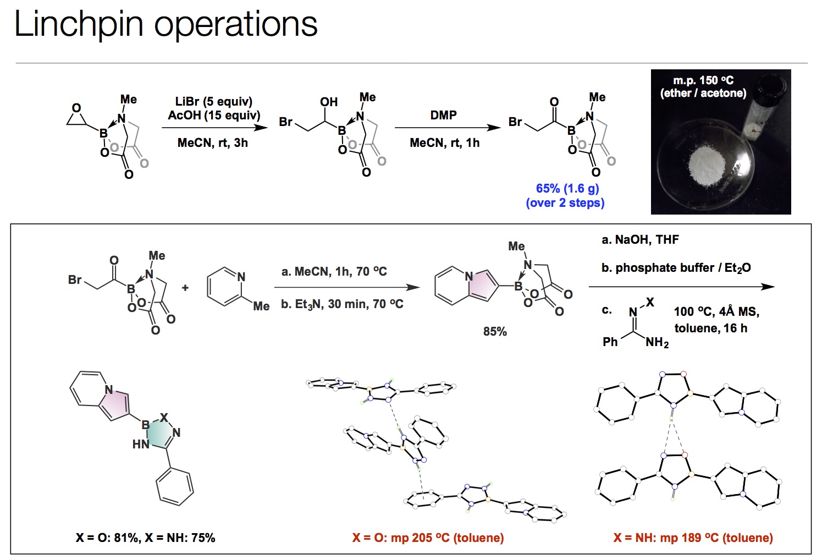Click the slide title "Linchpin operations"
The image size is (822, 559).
coord(165,24)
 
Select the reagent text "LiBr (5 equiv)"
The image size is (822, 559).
coord(213,102)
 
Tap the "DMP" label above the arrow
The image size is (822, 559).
coord(443,116)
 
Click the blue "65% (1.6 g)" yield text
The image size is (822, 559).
coord(567,189)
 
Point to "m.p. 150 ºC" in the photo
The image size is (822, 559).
coord(703,81)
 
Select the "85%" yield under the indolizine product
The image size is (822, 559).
coord(495,332)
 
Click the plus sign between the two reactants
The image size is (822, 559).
coord(185,288)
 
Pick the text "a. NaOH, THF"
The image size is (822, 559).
coord(640,240)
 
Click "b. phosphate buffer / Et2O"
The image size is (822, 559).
coord(676,268)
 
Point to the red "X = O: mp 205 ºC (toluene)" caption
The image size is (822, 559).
coord(428,538)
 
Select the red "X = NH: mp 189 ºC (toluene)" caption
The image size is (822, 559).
coord(693,538)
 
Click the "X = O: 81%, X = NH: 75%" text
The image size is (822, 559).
coord(145,538)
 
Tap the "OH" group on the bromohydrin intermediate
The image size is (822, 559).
coord(329,102)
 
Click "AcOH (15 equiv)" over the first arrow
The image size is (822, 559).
coord(214,116)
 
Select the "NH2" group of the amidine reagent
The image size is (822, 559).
coord(657,343)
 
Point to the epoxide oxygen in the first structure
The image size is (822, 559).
coord(76,108)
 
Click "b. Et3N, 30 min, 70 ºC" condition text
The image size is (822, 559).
coord(342,304)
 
